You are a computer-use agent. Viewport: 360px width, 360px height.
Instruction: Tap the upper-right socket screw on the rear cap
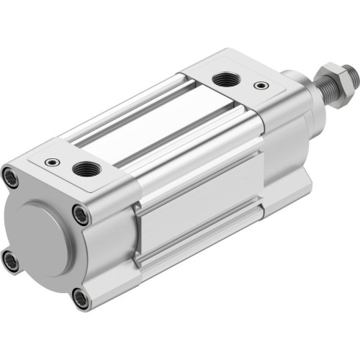click(81, 214)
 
